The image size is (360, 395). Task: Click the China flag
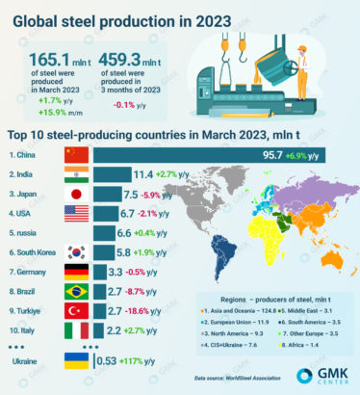pos(76,154)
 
